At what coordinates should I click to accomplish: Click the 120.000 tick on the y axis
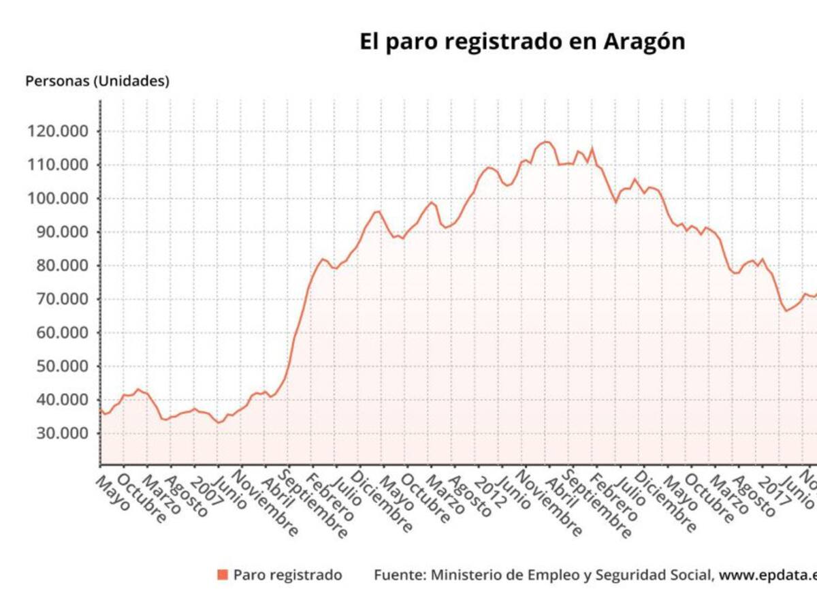pos(59,131)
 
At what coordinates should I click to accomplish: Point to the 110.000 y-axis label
pos(59,165)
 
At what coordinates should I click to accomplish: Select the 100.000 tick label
pos(59,199)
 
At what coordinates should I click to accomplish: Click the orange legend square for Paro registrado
pos(223,575)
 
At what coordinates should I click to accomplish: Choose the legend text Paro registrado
pos(287,575)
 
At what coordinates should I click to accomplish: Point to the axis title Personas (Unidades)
pos(97,81)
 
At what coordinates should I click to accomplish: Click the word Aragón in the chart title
pos(644,42)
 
